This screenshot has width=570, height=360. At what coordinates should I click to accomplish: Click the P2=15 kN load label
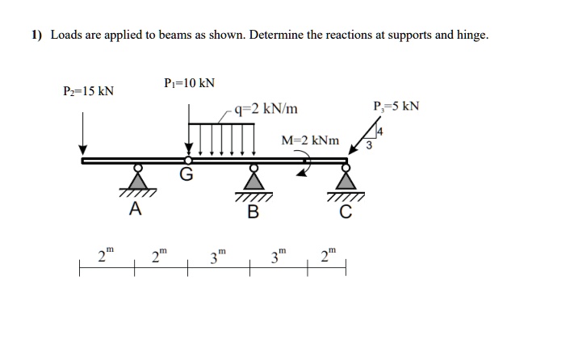coord(89,90)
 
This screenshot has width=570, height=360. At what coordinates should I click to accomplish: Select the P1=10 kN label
coord(189,82)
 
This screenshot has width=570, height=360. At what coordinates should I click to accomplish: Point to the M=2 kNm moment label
coord(310,140)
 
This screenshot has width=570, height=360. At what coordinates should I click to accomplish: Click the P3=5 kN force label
coord(396,107)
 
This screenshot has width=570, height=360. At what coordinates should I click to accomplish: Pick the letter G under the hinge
coord(187,175)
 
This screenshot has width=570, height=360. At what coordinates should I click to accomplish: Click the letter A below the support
coord(135,210)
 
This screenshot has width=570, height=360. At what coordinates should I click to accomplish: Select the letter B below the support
coord(253,212)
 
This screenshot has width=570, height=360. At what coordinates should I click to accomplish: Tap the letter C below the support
coord(346,212)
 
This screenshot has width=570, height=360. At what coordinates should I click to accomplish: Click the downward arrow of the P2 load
coord(82,134)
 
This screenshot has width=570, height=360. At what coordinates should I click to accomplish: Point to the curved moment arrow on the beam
coord(304,164)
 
